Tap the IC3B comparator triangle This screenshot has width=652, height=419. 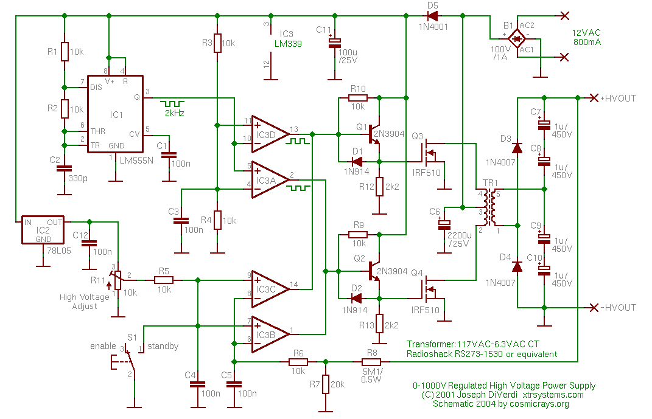click(268, 334)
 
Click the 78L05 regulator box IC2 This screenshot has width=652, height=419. click(43, 229)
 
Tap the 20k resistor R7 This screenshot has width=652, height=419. click(326, 384)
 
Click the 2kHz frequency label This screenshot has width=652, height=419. click(174, 113)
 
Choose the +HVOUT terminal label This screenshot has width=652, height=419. click(618, 99)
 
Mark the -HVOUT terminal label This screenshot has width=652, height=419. click(618, 308)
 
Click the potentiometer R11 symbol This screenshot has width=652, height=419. click(118, 280)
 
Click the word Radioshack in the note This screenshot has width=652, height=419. click(430, 354)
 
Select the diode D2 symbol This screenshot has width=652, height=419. click(356, 298)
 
